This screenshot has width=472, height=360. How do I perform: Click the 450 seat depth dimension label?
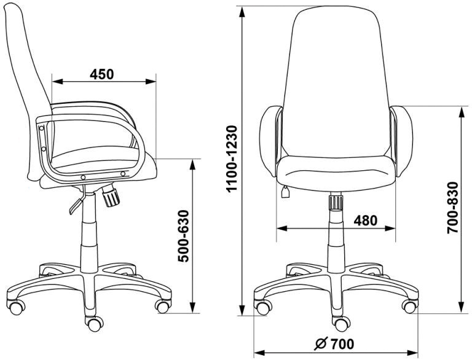tap(102, 74)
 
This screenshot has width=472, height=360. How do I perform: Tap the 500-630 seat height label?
tap(183, 236)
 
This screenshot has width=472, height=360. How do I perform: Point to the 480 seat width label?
tap(365, 221)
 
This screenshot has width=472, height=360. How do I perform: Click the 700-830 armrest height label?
tap(452, 208)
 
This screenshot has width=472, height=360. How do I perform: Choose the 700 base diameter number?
tap(342, 344)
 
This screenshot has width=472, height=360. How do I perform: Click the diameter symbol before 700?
tap(321, 344)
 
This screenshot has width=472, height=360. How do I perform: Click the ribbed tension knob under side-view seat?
tap(111, 195)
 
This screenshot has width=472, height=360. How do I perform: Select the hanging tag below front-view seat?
tap(285, 192)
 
